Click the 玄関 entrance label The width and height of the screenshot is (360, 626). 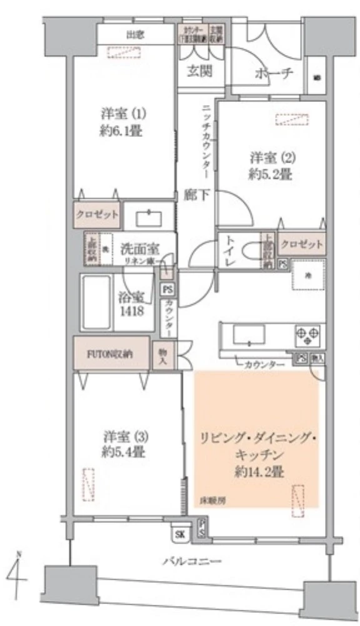[199, 71]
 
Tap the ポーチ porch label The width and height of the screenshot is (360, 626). [274, 74]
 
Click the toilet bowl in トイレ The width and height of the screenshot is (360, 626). [250, 251]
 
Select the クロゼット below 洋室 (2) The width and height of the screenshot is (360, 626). [302, 244]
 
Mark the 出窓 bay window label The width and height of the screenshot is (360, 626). [136, 34]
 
